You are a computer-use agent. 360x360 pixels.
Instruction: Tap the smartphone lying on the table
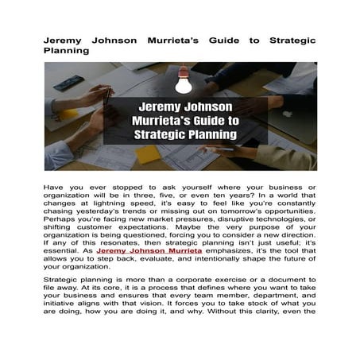pyautogui.click(x=70, y=83)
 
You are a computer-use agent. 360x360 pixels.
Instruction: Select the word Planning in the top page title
pyautogui.click(x=66, y=49)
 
